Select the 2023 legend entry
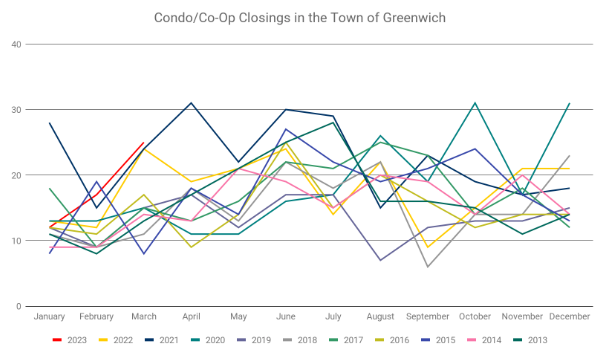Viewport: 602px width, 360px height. point(70,340)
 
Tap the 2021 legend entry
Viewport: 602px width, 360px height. point(162,340)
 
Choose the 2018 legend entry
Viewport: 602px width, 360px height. point(300,340)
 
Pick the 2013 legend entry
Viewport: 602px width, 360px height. point(531,340)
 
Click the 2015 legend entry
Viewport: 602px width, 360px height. point(438,340)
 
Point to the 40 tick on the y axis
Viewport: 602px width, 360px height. point(16,44)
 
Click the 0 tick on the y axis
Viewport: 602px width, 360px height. point(18,306)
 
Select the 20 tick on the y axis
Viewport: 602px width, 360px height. point(16,175)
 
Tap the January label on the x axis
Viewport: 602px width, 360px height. point(49,317)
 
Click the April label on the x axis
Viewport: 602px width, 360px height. point(191,317)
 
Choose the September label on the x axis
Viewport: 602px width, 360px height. point(428,317)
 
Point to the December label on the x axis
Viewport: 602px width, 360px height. point(569,317)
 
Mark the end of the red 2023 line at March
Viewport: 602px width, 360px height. point(144,142)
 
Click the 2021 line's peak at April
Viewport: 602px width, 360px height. point(191,103)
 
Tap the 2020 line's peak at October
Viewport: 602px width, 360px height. point(475,103)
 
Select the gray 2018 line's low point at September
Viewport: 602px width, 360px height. point(428,267)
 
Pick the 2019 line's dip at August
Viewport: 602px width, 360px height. point(380,260)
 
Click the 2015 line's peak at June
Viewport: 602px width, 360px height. point(286,129)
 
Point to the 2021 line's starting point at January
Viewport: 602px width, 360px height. point(49,123)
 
